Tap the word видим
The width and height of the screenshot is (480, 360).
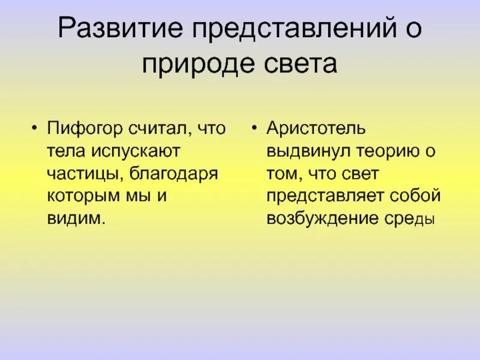click(75, 218)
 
